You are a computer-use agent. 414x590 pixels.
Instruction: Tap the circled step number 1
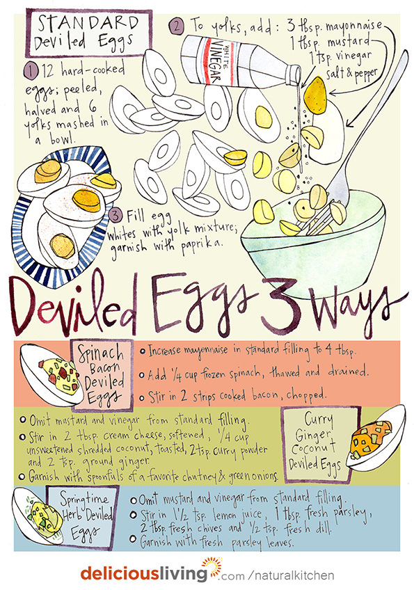tap(31, 71)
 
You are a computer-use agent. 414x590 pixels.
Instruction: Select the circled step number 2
tap(177, 26)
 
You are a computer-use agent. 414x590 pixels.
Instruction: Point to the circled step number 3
tap(116, 216)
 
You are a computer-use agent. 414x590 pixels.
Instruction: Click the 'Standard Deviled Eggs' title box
tap(88, 33)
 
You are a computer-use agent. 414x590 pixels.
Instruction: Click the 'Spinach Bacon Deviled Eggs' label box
tap(102, 375)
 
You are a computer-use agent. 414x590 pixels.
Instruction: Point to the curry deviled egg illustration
tap(376, 438)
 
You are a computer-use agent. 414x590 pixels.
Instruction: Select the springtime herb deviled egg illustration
tap(38, 516)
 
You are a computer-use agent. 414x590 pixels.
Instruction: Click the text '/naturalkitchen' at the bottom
tap(291, 575)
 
